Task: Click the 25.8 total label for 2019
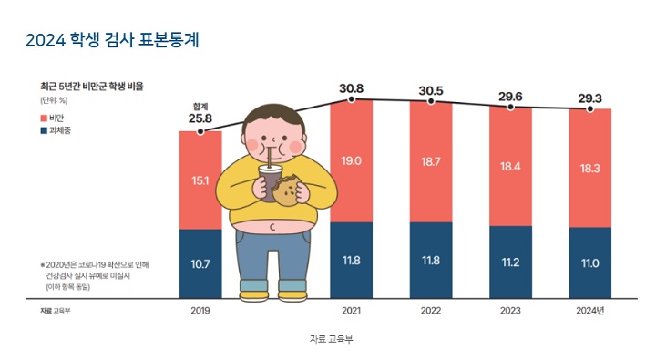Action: (200, 118)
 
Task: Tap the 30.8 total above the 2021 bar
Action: (351, 88)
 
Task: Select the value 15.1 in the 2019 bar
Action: (200, 180)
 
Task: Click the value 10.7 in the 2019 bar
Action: (200, 264)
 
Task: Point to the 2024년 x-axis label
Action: (591, 311)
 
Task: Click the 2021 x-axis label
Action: (351, 311)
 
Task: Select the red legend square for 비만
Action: (44, 118)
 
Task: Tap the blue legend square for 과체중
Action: (44, 131)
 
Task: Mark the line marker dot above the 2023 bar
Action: (511, 107)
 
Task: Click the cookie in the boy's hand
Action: (289, 192)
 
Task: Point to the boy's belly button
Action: (272, 226)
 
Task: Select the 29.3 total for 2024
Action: (591, 96)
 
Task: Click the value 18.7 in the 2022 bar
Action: (431, 160)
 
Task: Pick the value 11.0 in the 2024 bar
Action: (591, 263)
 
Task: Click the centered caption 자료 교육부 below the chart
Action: (328, 338)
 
